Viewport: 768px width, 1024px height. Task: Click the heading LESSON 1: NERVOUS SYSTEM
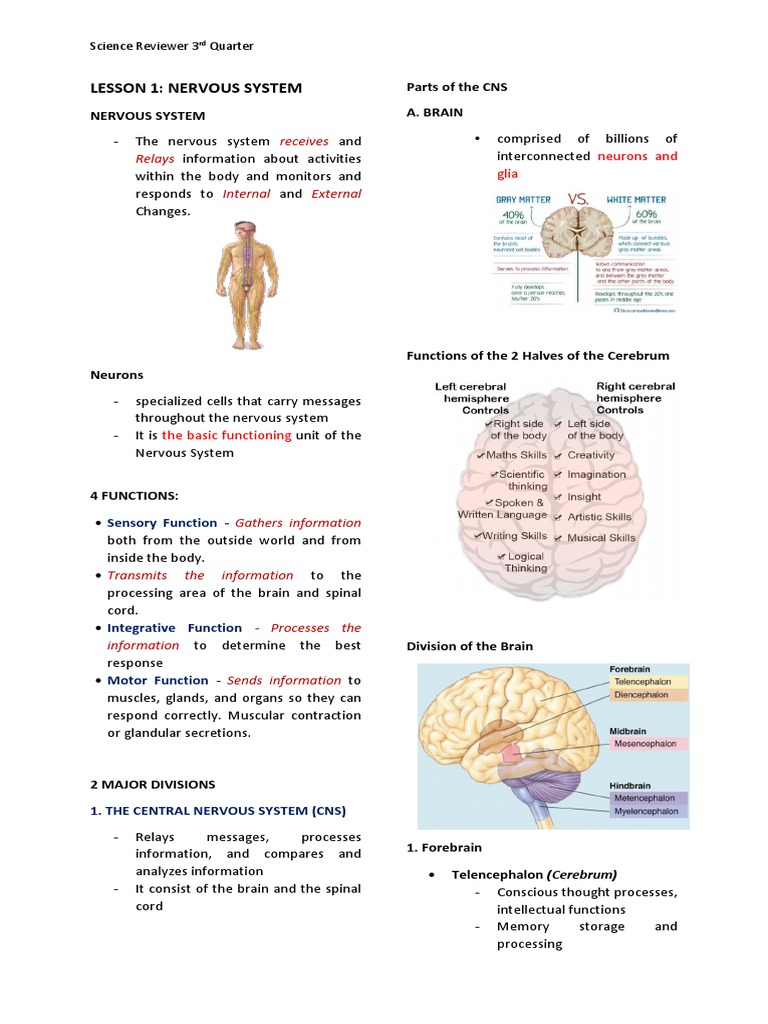pos(196,88)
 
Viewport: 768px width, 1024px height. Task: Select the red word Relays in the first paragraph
pos(155,159)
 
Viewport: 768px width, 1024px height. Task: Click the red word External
pos(336,194)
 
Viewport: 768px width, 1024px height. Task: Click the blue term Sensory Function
pos(162,523)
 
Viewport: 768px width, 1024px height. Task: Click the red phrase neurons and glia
pos(637,164)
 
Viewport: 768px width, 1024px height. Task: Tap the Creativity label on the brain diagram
pos(591,455)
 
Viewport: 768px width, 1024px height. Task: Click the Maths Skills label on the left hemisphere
pos(516,455)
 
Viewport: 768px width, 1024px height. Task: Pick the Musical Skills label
pos(601,538)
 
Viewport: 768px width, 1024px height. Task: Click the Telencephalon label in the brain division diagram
pos(643,682)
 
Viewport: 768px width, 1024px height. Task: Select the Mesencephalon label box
pos(645,744)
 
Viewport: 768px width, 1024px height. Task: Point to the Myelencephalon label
pos(645,811)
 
